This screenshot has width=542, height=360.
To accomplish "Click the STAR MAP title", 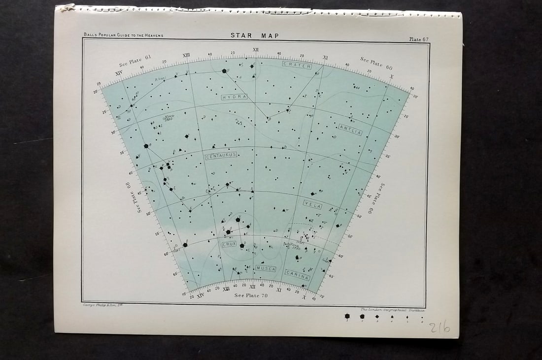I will click(x=255, y=35).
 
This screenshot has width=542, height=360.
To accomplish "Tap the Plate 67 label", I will click(x=418, y=39).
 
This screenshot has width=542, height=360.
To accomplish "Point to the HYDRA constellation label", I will click(x=234, y=97).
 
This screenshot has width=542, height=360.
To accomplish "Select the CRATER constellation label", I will click(x=297, y=65).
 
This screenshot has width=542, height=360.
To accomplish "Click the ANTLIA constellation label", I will click(x=350, y=130).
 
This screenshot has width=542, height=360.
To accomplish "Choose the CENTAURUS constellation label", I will click(x=221, y=155).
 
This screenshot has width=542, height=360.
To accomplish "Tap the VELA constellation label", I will click(x=313, y=205).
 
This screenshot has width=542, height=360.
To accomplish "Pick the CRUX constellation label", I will click(x=229, y=244).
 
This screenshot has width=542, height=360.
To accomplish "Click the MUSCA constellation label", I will click(x=266, y=268).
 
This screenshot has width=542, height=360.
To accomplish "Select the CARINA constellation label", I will click(x=297, y=275).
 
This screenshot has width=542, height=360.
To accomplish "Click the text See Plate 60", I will click(x=376, y=63).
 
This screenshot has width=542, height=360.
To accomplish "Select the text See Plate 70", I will click(x=251, y=295).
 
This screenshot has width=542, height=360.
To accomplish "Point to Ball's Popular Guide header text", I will click(x=123, y=35).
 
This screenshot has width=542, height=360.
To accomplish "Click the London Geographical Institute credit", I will click(x=392, y=310).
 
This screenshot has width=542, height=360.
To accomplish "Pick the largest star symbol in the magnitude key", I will click(x=347, y=316).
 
